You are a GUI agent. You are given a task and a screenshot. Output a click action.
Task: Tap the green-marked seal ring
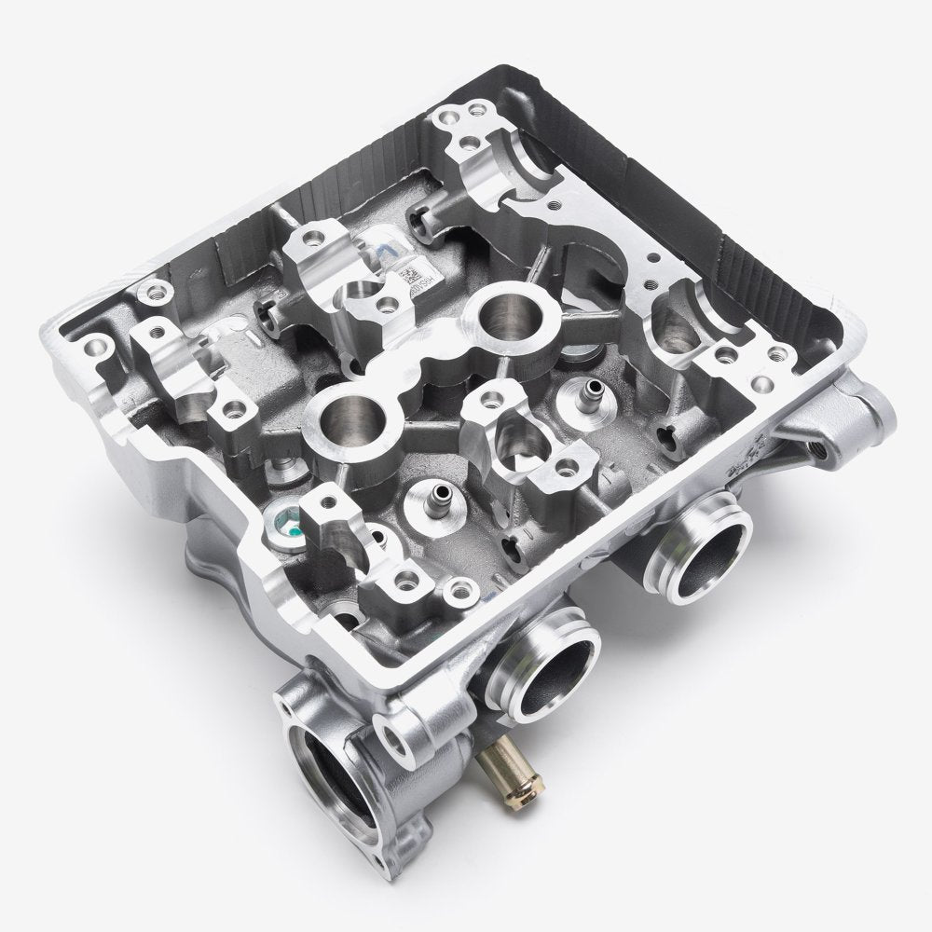click(284, 519)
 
